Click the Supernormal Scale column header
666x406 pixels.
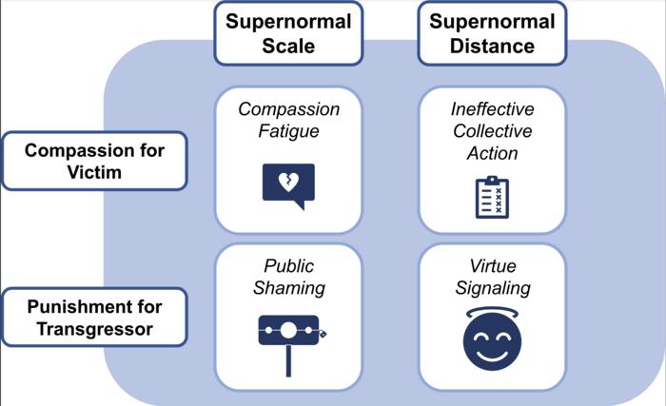pyautogui.click(x=288, y=33)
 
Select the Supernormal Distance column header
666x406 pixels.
pyautogui.click(x=492, y=33)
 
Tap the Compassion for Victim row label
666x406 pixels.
pyautogui.click(x=93, y=161)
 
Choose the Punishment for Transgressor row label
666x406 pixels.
pyautogui.click(x=93, y=317)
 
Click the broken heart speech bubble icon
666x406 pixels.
pyautogui.click(x=287, y=185)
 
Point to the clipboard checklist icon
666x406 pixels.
pyautogui.click(x=492, y=199)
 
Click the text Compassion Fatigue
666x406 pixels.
pyautogui.click(x=288, y=121)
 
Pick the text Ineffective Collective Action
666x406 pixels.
pyautogui.click(x=492, y=131)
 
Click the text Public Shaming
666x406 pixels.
pyautogui.click(x=288, y=277)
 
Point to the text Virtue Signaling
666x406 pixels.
pyautogui.click(x=492, y=277)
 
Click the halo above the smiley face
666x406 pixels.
pyautogui.click(x=492, y=309)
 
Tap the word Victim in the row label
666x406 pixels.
pyautogui.click(x=93, y=172)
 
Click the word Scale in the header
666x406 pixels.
pyautogui.click(x=288, y=45)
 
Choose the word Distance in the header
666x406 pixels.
pyautogui.click(x=492, y=45)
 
